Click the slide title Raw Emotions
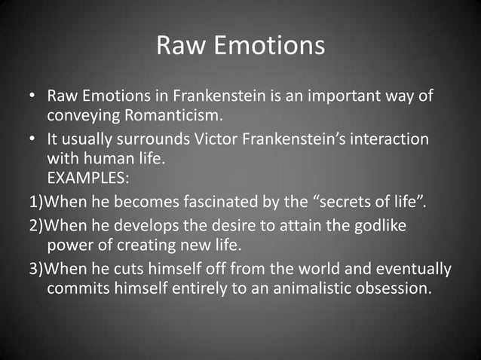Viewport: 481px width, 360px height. (x=240, y=47)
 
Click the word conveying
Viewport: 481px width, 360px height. (x=81, y=116)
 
